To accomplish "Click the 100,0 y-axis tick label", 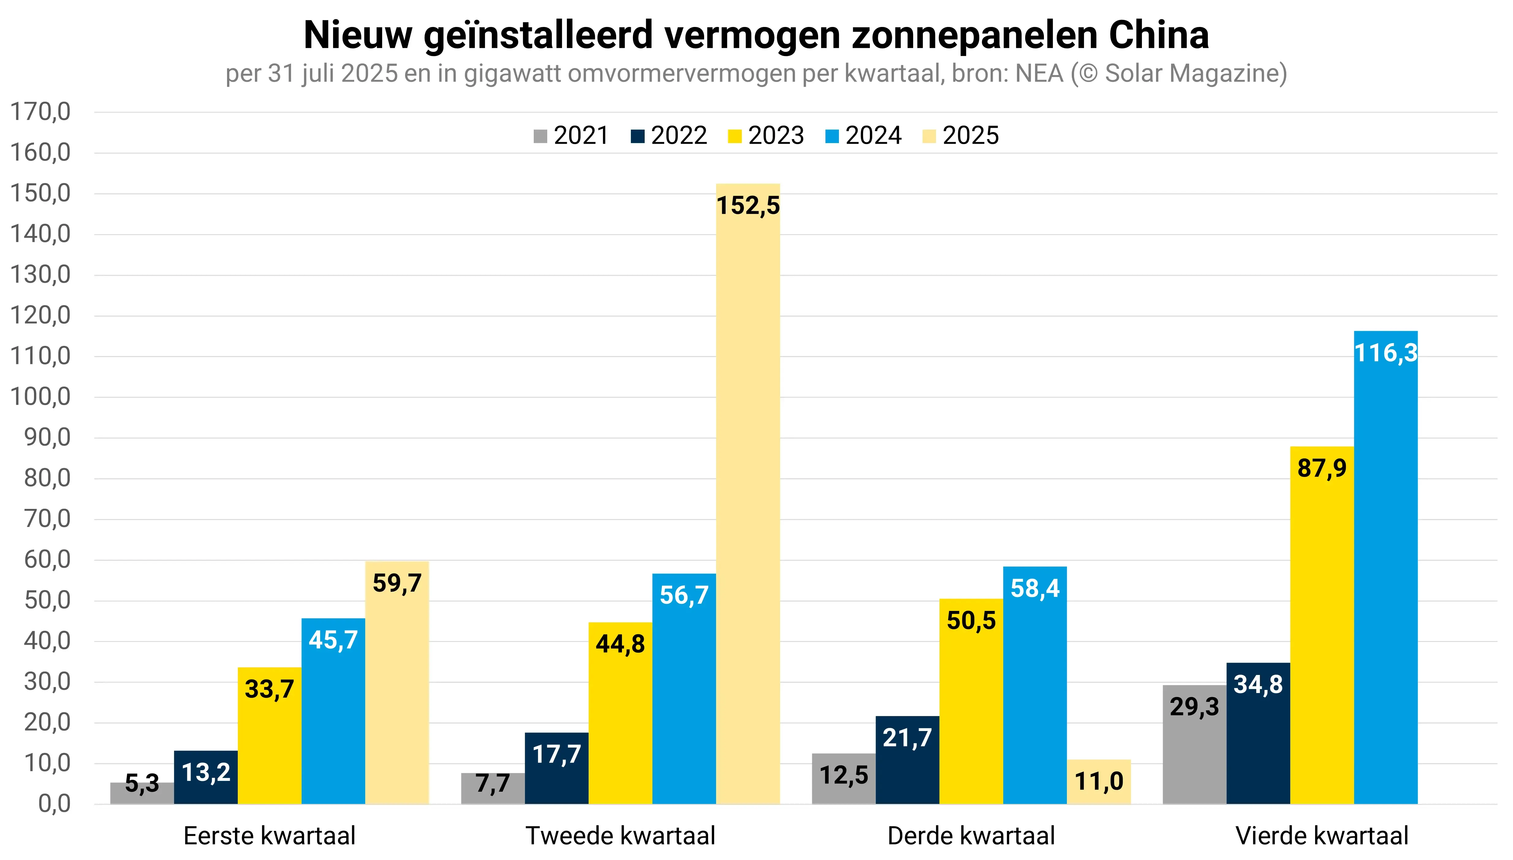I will point(40,397).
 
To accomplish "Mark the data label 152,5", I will point(748,206).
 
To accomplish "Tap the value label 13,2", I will point(206,772).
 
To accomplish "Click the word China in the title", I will point(1159,36).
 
